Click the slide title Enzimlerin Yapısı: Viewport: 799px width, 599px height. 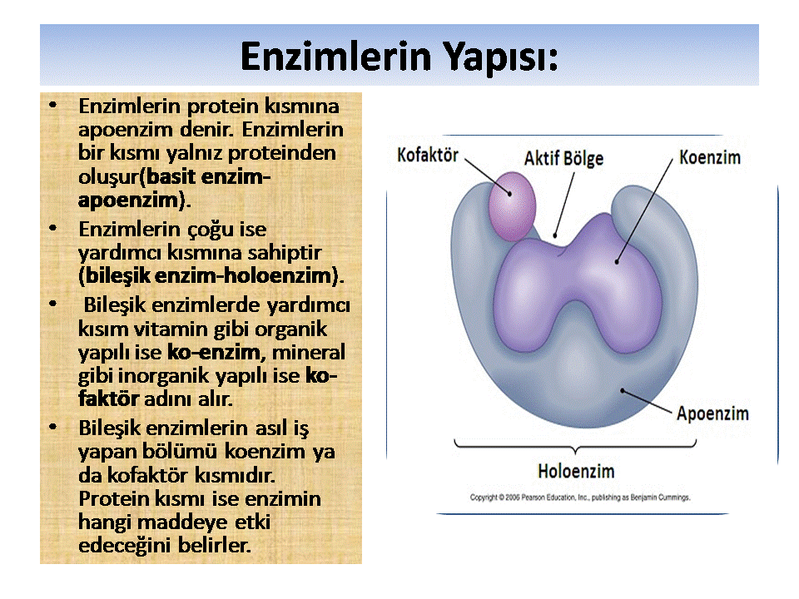(x=399, y=57)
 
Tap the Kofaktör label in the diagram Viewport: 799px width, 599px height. (x=428, y=155)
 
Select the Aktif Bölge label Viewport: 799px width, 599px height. (x=563, y=158)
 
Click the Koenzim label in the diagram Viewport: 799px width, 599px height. (x=709, y=156)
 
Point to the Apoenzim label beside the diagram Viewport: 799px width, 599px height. (x=712, y=413)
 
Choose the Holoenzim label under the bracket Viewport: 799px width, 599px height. (x=576, y=472)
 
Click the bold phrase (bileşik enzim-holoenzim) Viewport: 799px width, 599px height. (x=211, y=274)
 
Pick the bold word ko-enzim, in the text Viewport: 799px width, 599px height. (x=214, y=352)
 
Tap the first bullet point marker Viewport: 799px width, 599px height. (x=54, y=107)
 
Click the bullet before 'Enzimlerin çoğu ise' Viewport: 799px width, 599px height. (x=54, y=227)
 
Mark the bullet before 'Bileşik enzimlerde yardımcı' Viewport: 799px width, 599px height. (x=54, y=305)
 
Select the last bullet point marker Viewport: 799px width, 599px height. (x=54, y=427)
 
